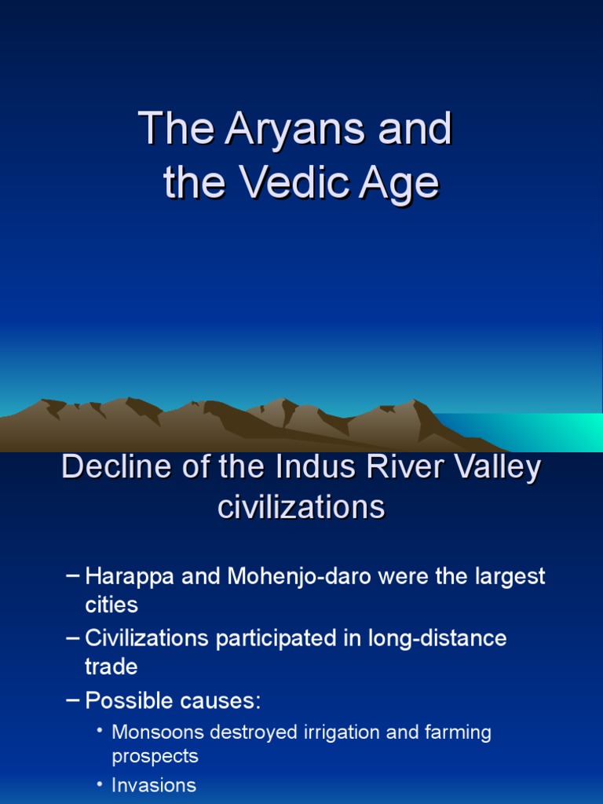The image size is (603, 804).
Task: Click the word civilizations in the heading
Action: [301, 507]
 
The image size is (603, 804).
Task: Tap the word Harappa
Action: [130, 577]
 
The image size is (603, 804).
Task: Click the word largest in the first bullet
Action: [508, 577]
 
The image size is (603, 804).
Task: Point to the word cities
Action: [111, 605]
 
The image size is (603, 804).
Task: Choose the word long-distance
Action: [437, 638]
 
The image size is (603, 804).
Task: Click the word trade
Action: [111, 667]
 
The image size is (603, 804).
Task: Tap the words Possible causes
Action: [173, 700]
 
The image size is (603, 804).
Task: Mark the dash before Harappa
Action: [72, 576]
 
